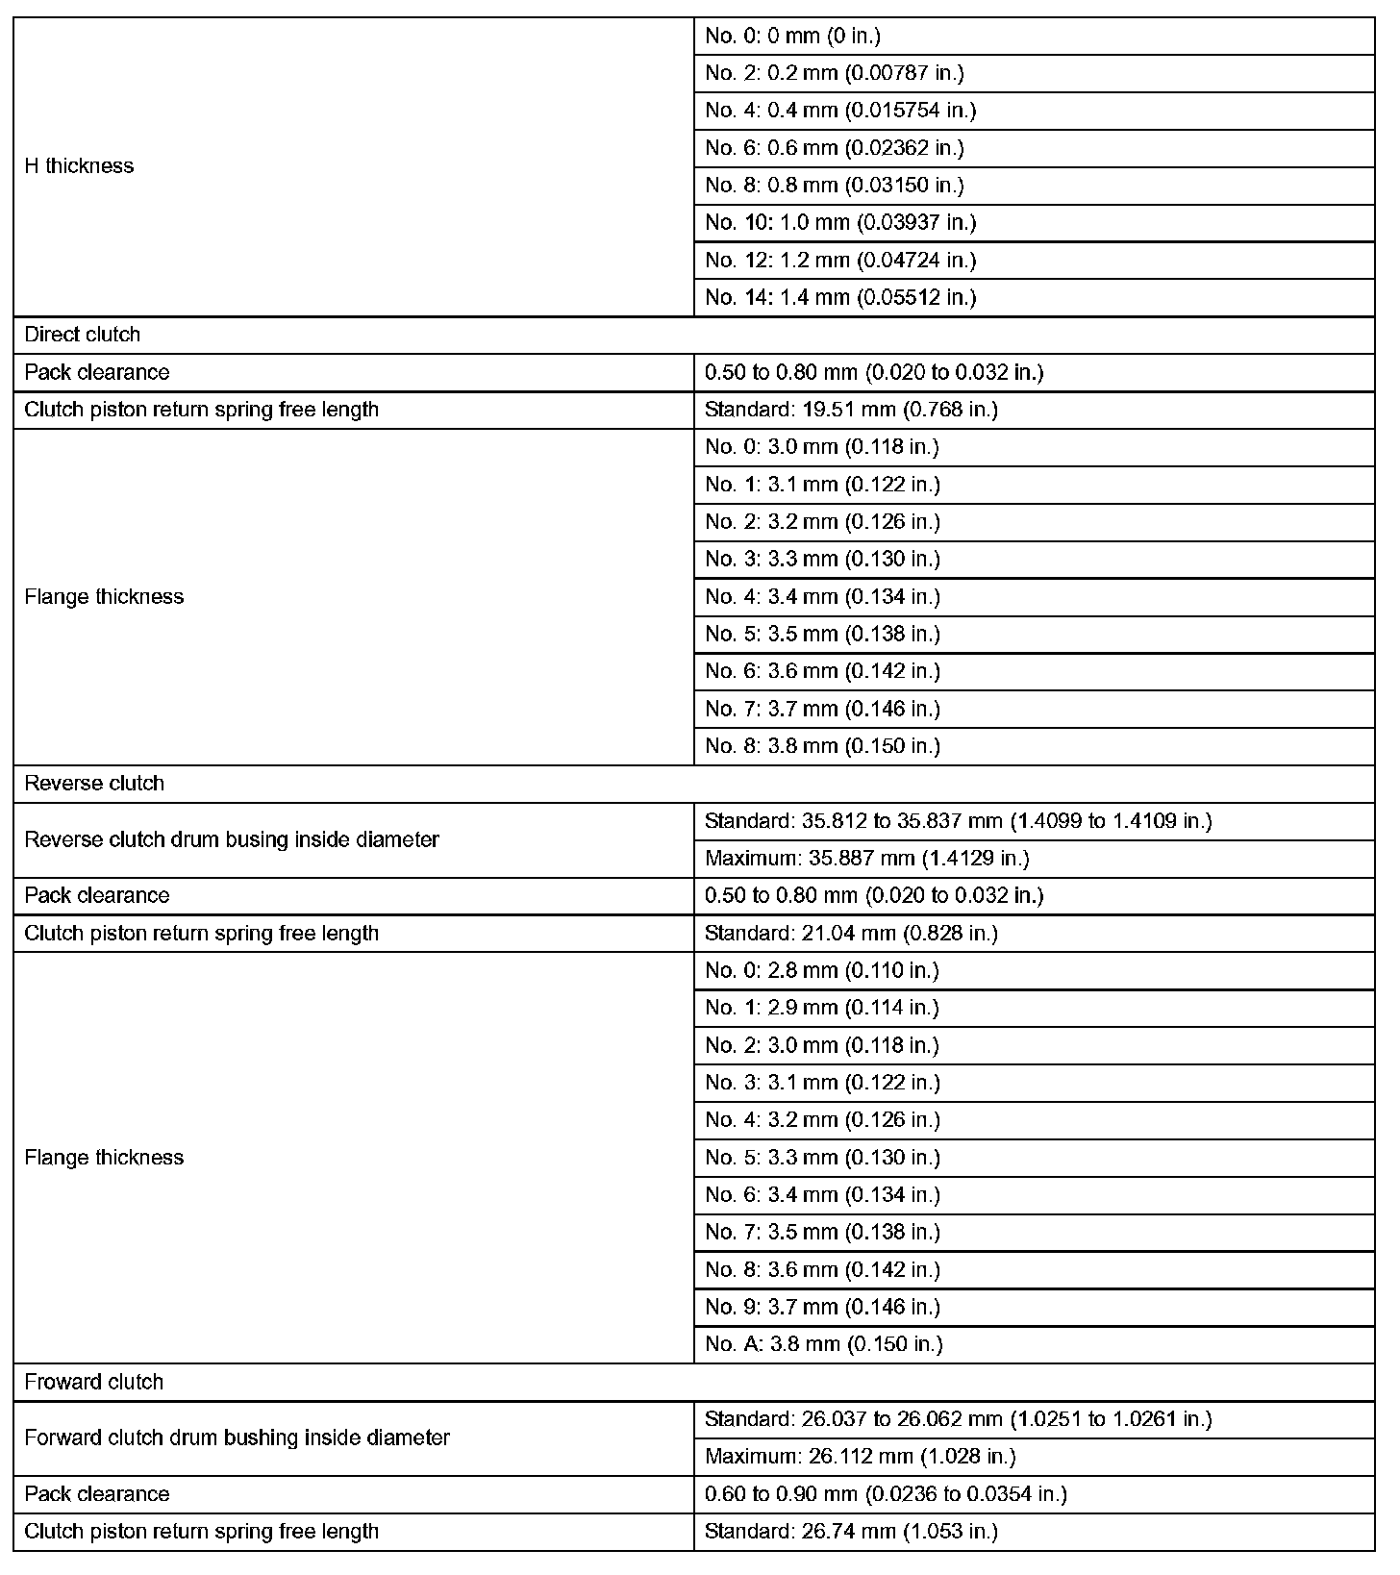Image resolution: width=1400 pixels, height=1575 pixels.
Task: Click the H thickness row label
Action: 79,166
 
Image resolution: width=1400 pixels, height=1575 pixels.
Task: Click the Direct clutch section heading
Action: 83,335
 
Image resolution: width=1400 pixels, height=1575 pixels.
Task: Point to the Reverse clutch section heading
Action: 94,784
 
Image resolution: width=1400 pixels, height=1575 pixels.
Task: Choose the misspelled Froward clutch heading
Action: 94,1382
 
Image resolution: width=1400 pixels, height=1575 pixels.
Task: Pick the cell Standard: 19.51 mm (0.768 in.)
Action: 851,410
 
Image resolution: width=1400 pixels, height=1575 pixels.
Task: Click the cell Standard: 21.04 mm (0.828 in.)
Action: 851,933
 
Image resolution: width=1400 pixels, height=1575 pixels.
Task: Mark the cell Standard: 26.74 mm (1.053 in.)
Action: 851,1531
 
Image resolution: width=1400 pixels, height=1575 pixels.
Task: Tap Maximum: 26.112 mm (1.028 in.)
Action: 860,1456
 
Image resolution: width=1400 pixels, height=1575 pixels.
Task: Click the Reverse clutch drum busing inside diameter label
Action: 232,839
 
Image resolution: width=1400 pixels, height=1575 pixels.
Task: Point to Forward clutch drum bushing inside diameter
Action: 237,1437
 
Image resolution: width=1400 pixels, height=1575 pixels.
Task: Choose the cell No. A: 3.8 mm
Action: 823,1344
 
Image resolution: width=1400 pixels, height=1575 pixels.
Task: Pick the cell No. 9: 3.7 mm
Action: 822,1307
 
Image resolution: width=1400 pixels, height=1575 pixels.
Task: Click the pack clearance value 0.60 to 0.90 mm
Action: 886,1493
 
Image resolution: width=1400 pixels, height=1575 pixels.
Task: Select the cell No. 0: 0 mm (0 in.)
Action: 792,37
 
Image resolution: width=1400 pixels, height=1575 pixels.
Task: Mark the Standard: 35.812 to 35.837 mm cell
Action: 958,821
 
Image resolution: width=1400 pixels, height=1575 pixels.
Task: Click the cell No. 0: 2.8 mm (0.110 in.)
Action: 822,970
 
